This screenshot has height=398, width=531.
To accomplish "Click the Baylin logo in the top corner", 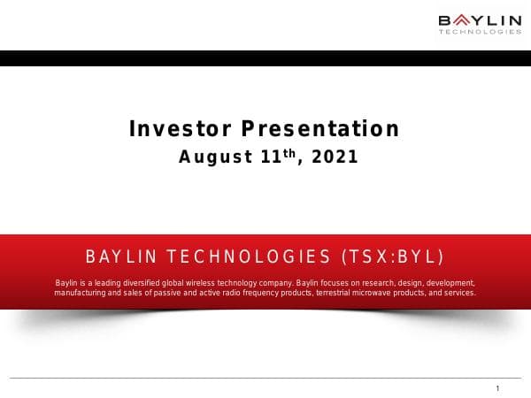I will [480, 19].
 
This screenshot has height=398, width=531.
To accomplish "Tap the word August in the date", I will [211, 157].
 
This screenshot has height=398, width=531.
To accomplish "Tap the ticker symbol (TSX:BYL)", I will [392, 257].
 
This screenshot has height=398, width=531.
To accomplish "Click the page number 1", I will [498, 389].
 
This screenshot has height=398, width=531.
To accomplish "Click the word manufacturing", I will [80, 292].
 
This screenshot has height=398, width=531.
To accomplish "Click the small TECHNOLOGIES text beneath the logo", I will [480, 33].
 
